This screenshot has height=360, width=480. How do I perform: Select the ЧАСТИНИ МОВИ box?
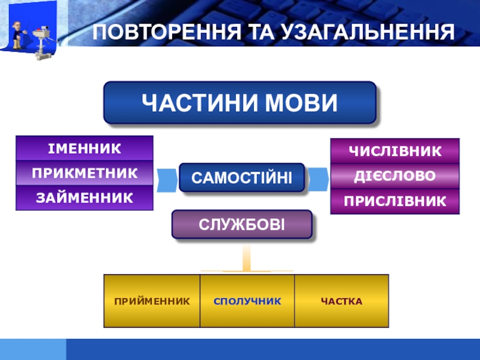[240, 103]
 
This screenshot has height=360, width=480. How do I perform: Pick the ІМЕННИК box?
[84, 148]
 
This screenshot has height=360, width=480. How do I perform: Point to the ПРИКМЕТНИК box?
[84, 173]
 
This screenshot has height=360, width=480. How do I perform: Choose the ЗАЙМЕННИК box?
[84, 197]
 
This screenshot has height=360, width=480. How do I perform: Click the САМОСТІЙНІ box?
[241, 178]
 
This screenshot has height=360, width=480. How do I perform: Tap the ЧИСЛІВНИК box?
[395, 151]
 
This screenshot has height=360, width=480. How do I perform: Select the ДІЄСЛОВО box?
[395, 176]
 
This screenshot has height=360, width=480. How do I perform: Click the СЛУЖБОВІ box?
[242, 225]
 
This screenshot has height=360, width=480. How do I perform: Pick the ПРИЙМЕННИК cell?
[152, 301]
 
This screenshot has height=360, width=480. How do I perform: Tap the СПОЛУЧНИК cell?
[247, 301]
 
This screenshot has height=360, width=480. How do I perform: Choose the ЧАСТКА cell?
[341, 301]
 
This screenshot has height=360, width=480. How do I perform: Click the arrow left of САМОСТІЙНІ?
[165, 178]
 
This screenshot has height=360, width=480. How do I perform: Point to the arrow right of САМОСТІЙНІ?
[319, 178]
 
